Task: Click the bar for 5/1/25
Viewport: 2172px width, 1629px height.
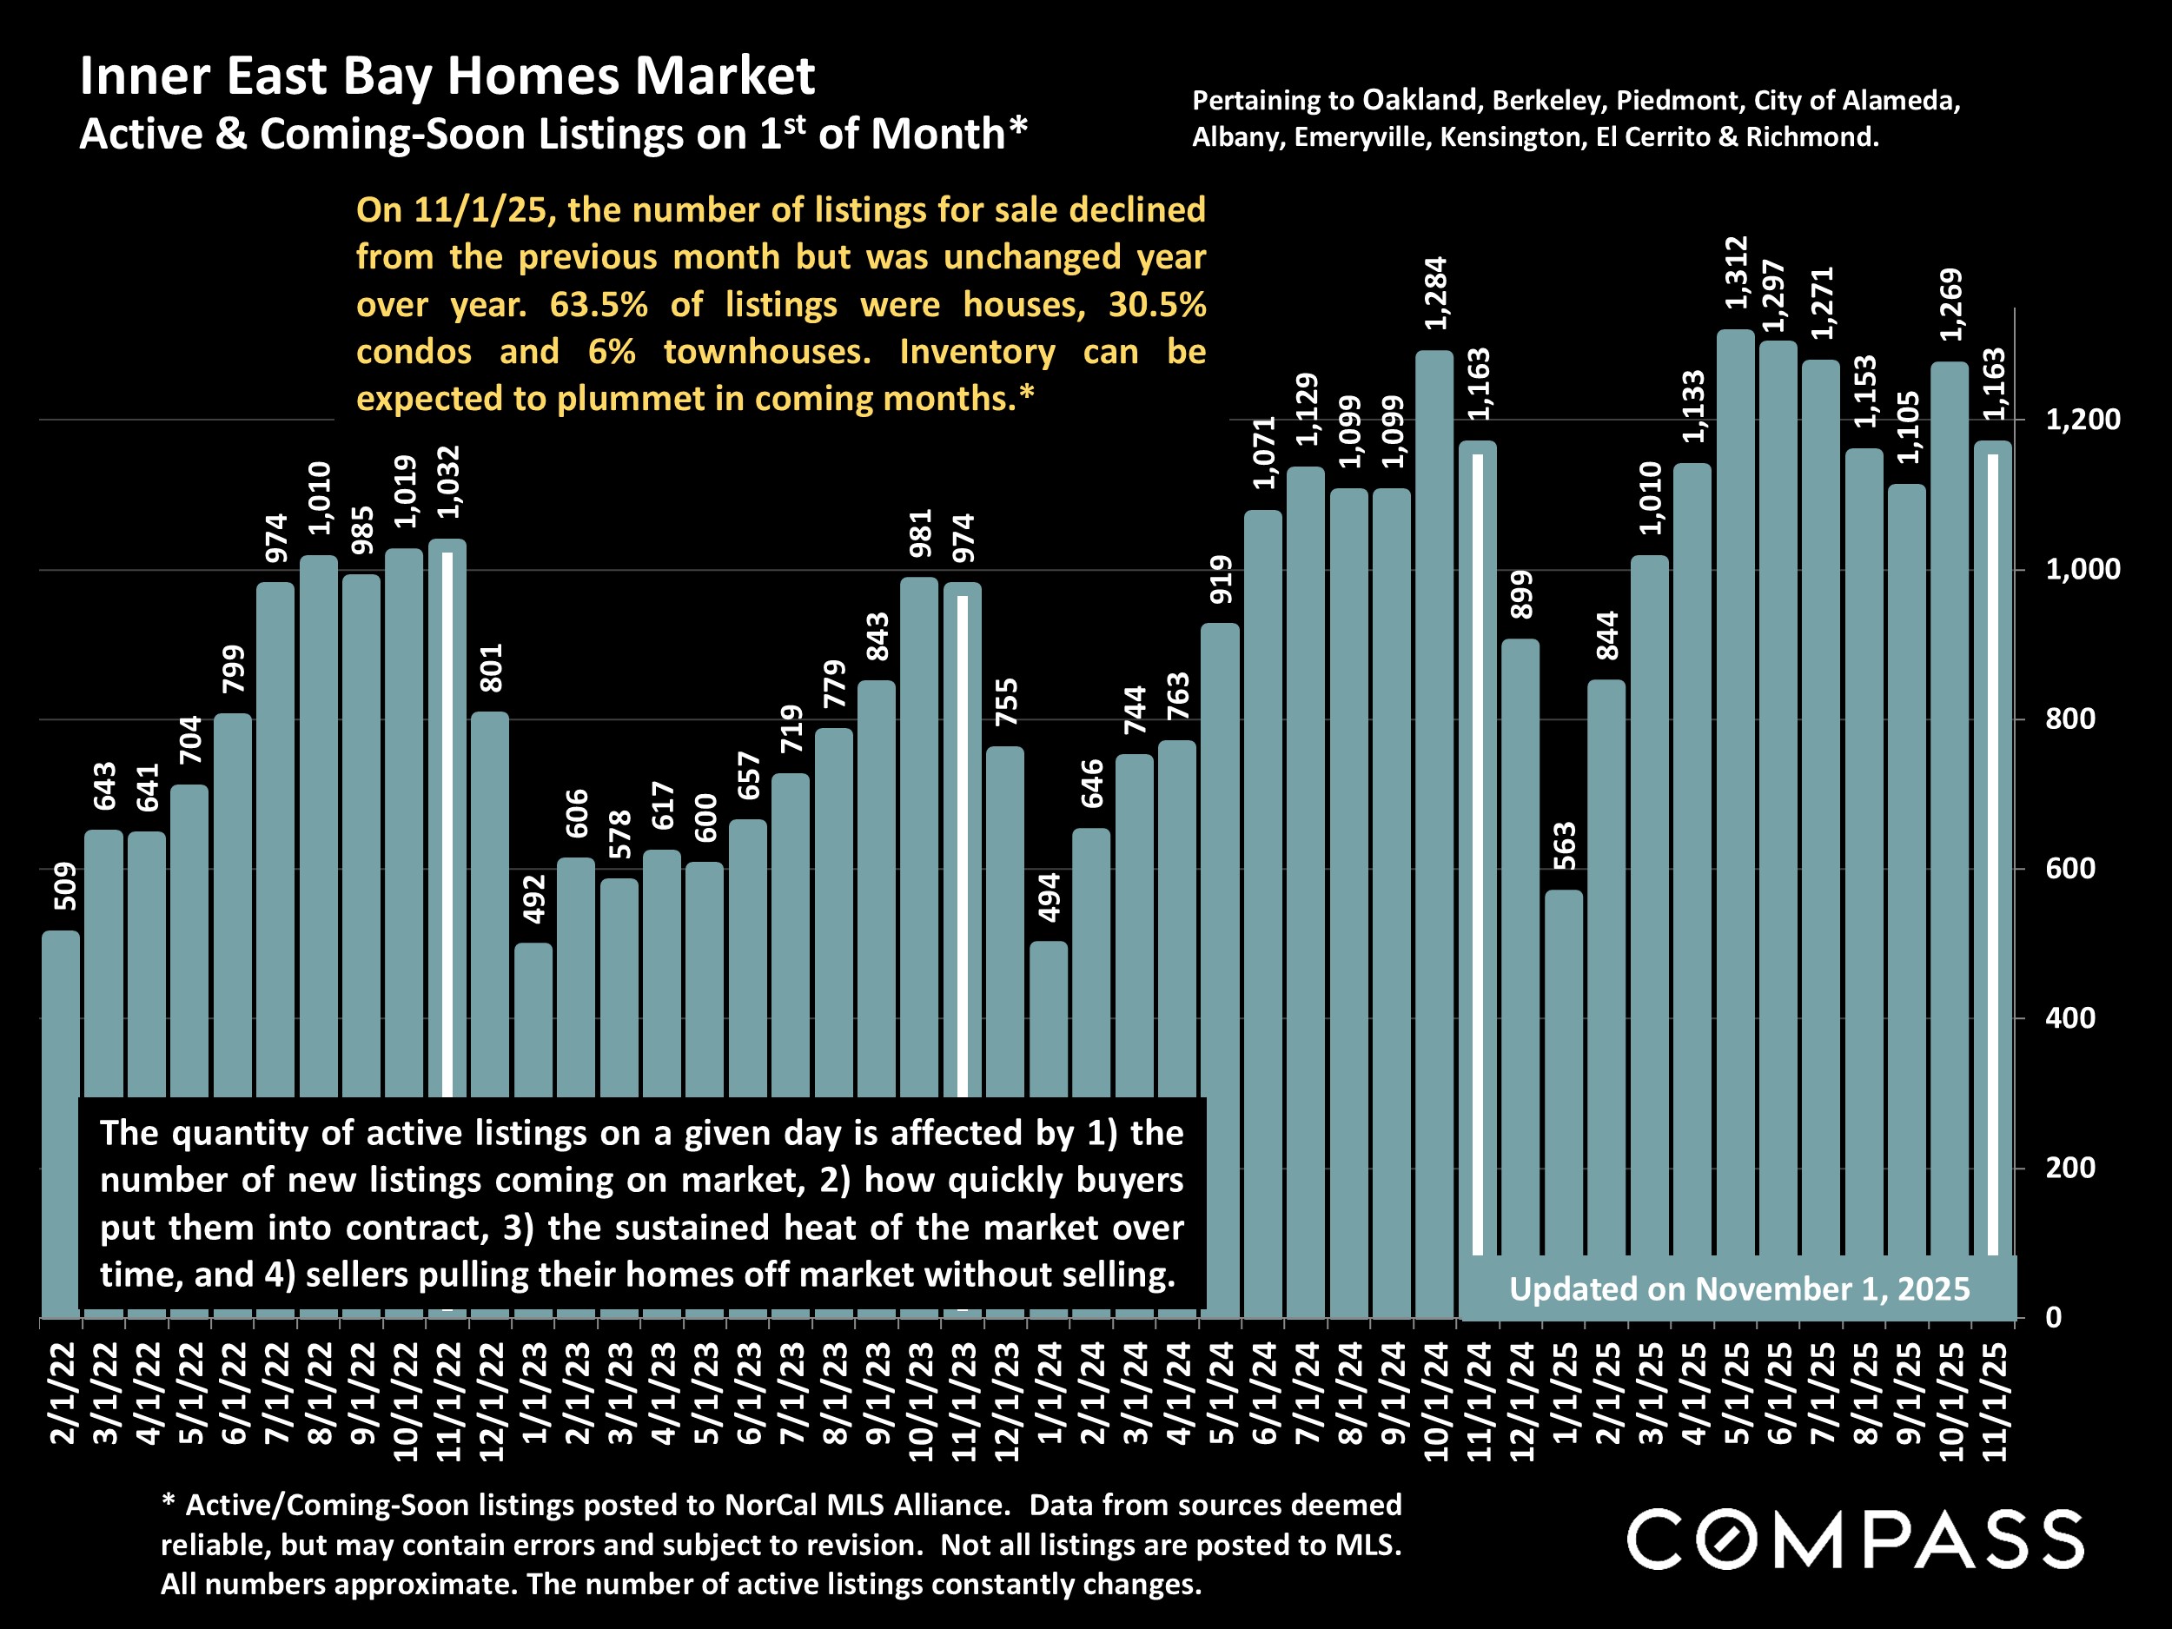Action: (x=1735, y=785)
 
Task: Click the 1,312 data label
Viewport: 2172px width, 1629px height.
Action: (x=1736, y=272)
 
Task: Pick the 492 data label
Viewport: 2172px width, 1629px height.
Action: (x=534, y=898)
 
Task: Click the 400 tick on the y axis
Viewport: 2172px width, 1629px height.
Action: (x=2069, y=1018)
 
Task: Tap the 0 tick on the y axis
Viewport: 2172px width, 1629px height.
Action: (x=2053, y=1318)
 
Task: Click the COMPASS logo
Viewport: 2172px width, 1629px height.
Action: (x=1855, y=1539)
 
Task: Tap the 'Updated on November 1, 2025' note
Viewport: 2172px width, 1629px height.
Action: (x=1739, y=1288)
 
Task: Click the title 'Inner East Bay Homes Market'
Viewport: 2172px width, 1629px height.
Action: (x=447, y=76)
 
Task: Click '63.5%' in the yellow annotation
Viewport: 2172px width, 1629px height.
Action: (x=598, y=304)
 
